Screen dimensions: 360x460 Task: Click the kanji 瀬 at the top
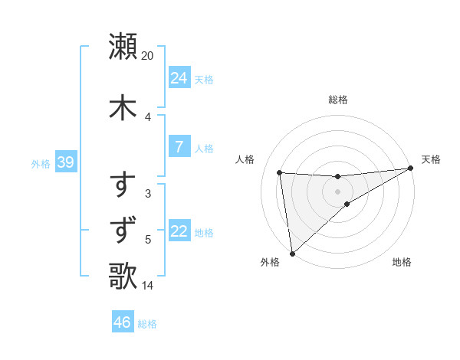click(x=123, y=46)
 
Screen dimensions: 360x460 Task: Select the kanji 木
click(x=123, y=106)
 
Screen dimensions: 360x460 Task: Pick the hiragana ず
click(x=123, y=230)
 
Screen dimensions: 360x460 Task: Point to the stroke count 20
click(x=148, y=56)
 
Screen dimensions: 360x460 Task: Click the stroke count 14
click(x=148, y=286)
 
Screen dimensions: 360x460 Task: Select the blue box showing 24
click(x=179, y=78)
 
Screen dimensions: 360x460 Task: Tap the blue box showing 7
click(x=179, y=147)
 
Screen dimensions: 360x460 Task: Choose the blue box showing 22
click(x=179, y=231)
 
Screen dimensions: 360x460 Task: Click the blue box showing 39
click(x=65, y=162)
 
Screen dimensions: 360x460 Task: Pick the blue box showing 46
click(x=123, y=322)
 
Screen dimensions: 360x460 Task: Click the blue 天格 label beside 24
click(x=204, y=79)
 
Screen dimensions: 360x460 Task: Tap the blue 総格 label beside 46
click(x=147, y=324)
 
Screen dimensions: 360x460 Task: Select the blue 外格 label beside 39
click(x=40, y=163)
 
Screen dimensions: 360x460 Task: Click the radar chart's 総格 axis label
click(x=338, y=100)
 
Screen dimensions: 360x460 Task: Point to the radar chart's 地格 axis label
click(x=402, y=263)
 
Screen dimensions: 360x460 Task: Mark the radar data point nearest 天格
click(x=410, y=169)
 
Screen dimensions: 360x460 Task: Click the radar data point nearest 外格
click(x=292, y=253)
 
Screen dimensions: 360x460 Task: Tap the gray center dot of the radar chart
click(x=338, y=191)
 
